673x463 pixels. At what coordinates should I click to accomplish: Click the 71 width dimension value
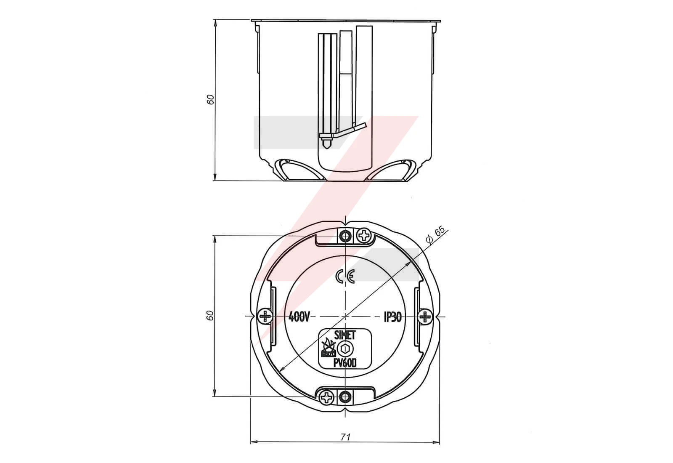[345, 436]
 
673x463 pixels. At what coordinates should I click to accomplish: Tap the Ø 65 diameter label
[435, 235]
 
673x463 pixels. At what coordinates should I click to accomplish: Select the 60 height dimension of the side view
[211, 99]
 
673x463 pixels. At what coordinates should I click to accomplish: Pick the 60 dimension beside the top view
[211, 315]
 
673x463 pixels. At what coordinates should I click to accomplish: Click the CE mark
[345, 276]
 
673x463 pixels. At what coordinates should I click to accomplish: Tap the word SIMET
[345, 335]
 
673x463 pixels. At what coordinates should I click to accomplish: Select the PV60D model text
[345, 364]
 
